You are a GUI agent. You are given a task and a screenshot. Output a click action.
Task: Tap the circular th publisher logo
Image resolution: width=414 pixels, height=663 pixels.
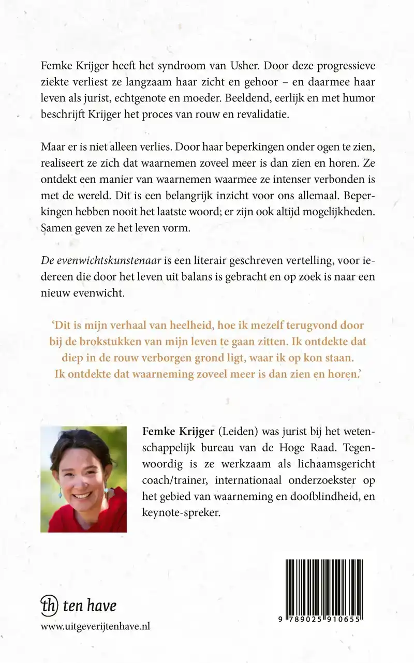click(x=49, y=606)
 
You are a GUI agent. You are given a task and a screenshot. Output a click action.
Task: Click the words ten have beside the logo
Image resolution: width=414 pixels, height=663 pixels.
click(x=89, y=606)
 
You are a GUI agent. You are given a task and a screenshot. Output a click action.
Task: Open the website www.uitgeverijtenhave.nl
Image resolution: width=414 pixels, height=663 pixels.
click(x=95, y=626)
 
